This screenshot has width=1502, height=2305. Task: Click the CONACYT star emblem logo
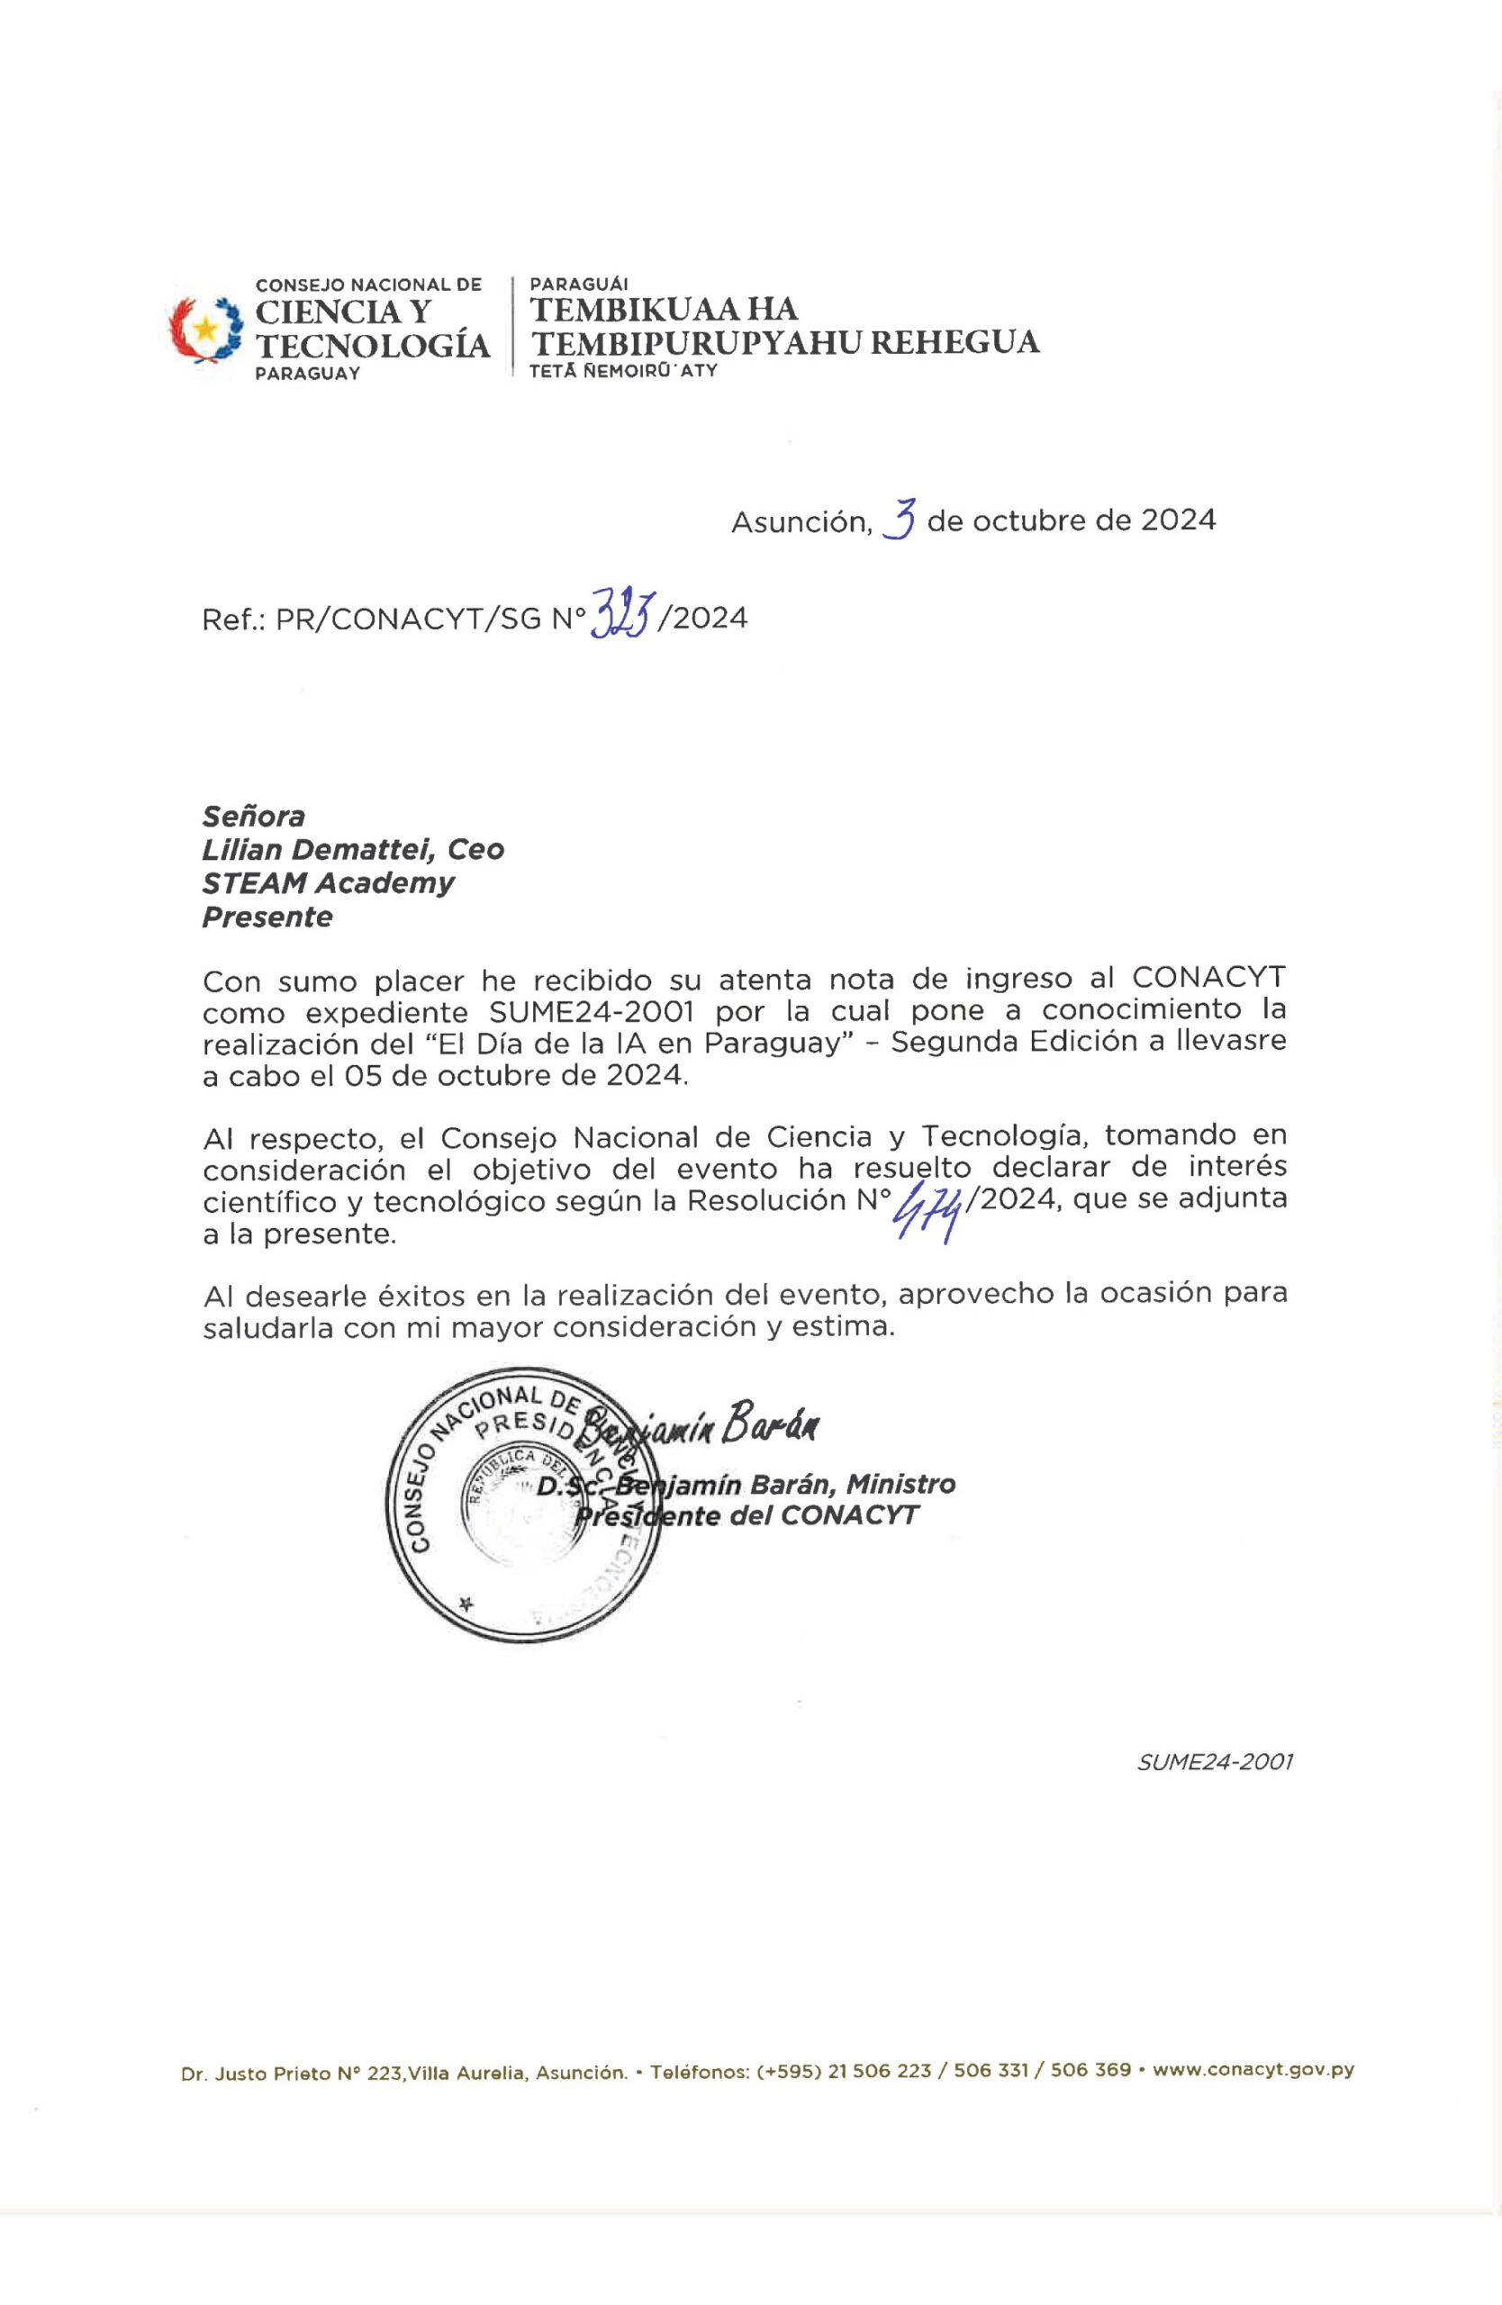[205, 330]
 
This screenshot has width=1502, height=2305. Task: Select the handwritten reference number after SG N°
[620, 614]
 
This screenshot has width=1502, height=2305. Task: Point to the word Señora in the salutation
[253, 817]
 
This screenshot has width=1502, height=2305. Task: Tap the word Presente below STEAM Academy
[267, 917]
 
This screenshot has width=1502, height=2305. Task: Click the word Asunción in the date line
[801, 522]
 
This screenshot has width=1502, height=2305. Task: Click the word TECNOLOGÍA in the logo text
[372, 346]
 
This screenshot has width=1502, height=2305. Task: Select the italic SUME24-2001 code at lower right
[1215, 1762]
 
